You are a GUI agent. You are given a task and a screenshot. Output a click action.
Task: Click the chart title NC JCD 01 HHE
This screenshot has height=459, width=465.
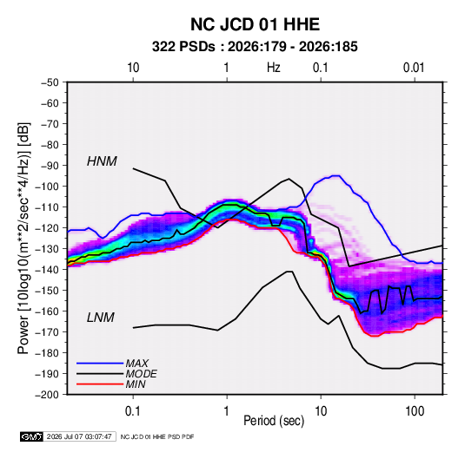255,24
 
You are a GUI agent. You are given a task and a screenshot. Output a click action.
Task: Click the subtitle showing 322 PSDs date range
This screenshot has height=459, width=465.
255,47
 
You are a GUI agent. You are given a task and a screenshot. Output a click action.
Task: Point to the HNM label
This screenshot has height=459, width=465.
102,161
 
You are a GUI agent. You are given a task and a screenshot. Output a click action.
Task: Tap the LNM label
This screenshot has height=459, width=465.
101,318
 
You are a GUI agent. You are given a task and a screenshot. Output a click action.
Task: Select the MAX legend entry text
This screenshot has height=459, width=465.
136,363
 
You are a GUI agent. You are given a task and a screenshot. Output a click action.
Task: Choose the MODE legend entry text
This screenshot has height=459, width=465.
141,374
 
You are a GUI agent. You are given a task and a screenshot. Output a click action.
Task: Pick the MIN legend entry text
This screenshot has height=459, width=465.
136,384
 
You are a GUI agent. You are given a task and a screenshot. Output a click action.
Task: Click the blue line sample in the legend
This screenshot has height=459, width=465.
100,363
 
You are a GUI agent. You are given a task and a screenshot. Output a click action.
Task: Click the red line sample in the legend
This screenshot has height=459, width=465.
100,384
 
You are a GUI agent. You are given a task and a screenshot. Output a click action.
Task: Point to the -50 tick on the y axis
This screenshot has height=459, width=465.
50,82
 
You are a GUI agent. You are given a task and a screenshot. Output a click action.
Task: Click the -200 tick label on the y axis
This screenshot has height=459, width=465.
47,395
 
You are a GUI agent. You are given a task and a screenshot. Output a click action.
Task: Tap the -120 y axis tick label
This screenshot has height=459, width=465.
47,228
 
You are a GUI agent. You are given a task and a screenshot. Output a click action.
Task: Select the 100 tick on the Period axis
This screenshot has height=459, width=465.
415,411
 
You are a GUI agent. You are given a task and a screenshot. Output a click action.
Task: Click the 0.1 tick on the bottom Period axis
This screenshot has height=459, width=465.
133,411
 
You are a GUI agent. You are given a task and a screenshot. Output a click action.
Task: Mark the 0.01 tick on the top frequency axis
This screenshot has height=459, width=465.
414,68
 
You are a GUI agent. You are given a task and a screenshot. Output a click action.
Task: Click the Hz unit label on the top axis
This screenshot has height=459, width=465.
274,68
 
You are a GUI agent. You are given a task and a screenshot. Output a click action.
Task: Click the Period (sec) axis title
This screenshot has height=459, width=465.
274,421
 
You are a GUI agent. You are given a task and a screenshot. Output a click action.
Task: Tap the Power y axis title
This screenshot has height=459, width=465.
23,238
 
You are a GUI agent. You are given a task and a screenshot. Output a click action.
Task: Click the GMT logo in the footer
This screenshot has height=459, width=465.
31,436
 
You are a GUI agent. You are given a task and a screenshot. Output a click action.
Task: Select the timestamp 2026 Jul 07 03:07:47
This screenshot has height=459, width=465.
79,436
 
